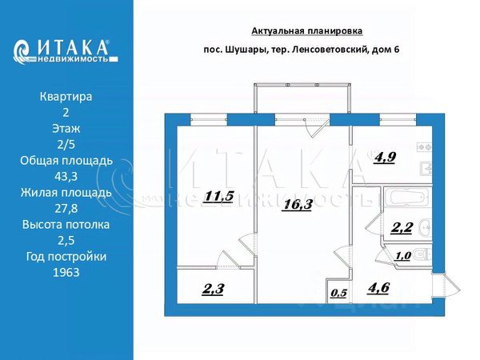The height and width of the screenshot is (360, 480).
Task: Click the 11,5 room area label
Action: tap(218, 196)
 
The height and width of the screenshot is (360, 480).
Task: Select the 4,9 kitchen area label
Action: tap(384, 157)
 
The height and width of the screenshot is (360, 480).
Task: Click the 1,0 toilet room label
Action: tap(404, 255)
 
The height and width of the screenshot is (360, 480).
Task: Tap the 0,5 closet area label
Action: tap(338, 292)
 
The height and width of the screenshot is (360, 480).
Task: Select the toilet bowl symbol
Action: tap(422, 254)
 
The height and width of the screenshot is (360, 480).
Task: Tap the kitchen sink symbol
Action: tap(428, 169)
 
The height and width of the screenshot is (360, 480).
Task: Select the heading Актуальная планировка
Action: tap(307, 30)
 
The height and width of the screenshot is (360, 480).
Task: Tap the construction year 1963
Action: tap(66, 272)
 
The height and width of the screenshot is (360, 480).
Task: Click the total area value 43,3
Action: tap(66, 176)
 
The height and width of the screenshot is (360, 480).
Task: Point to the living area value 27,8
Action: tap(66, 208)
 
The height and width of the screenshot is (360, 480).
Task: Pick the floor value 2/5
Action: tap(66, 144)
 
